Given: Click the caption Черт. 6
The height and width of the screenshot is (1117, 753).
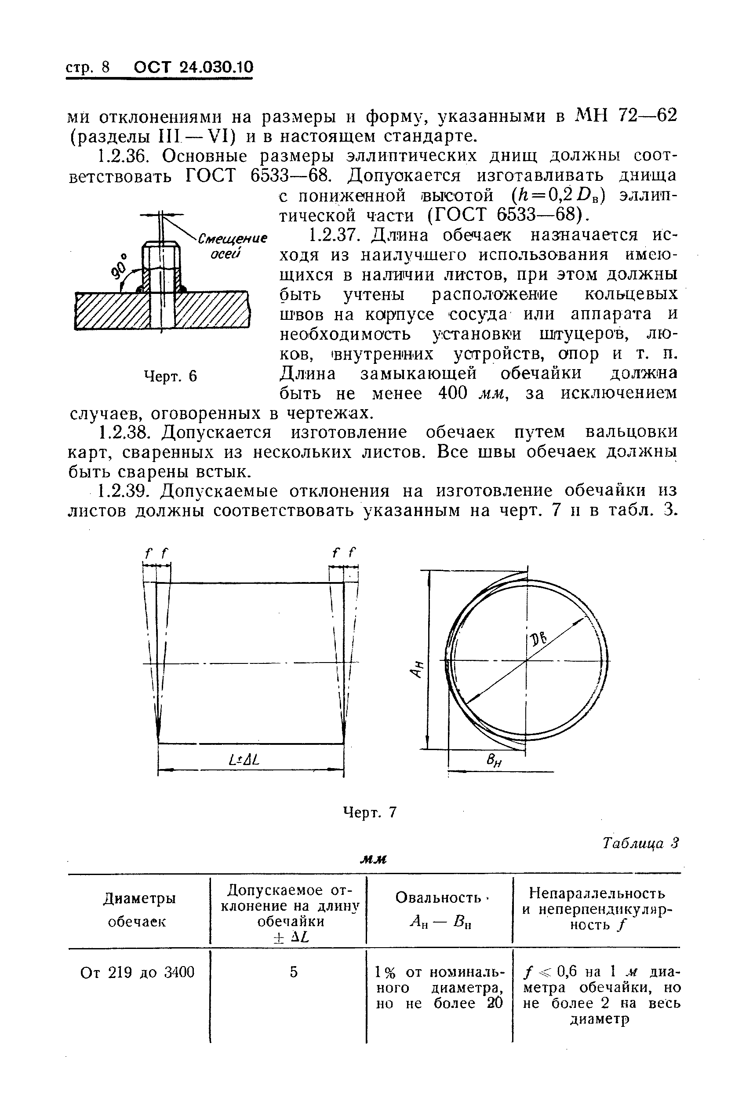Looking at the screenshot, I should click(x=171, y=376).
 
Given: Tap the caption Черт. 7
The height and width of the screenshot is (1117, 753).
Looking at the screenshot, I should click(x=369, y=812).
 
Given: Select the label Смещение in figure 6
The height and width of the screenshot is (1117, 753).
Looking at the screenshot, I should click(x=233, y=239).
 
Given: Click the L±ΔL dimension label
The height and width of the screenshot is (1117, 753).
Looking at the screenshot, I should click(x=244, y=760).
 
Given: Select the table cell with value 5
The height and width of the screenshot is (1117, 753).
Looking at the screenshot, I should click(x=294, y=972).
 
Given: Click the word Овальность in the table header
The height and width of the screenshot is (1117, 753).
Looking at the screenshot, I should click(x=438, y=897).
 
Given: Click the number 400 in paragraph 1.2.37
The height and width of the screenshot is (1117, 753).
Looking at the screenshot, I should click(x=453, y=393).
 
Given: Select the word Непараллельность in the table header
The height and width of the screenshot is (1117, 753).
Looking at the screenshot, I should click(x=597, y=893).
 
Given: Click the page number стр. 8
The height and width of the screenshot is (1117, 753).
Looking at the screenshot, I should click(x=87, y=68).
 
